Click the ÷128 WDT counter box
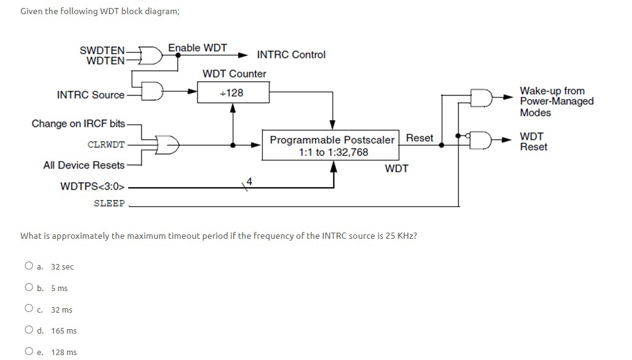pyautogui.click(x=232, y=93)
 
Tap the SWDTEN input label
pyautogui.click(x=102, y=50)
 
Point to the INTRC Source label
pyautogui.click(x=90, y=95)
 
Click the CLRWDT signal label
pyautogui.click(x=106, y=145)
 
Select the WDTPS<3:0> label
pyautogui.click(x=93, y=186)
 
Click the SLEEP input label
pyautogui.click(x=109, y=203)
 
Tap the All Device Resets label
pyautogui.click(x=84, y=165)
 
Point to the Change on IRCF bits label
pyautogui.click(x=78, y=124)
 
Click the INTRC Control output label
pyautogui.click(x=291, y=55)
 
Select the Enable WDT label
pyautogui.click(x=198, y=48)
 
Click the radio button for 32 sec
pyautogui.click(x=29, y=266)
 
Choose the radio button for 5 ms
pyautogui.click(x=29, y=288)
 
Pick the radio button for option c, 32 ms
pyautogui.click(x=29, y=309)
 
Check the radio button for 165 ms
pyautogui.click(x=29, y=330)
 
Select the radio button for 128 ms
pyautogui.click(x=29, y=351)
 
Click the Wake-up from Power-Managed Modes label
pyautogui.click(x=556, y=102)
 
